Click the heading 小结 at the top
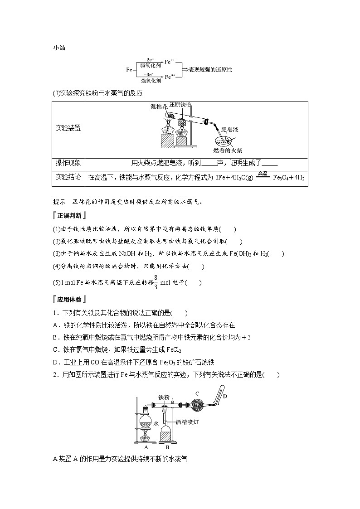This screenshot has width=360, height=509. [59, 47]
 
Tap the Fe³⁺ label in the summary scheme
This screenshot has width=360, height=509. [170, 77]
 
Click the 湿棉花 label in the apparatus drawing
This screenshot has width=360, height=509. [159, 107]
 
